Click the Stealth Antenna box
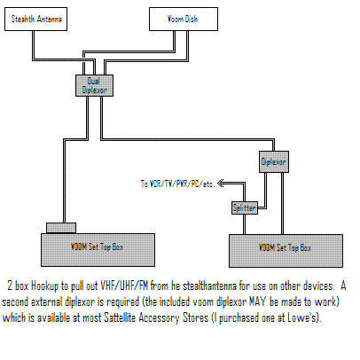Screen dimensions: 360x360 35,20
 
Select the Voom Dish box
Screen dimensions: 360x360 184,20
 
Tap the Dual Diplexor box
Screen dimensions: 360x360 94,85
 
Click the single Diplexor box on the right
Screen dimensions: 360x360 274,161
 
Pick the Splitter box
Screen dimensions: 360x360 245,207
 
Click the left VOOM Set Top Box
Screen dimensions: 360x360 98,250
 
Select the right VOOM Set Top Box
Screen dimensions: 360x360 286,251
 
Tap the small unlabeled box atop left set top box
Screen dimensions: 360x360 61,228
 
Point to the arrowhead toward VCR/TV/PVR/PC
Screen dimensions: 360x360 221,184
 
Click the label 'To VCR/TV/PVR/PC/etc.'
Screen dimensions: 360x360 177,184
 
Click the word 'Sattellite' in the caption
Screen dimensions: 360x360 120,317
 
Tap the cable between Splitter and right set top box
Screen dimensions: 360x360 244,224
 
